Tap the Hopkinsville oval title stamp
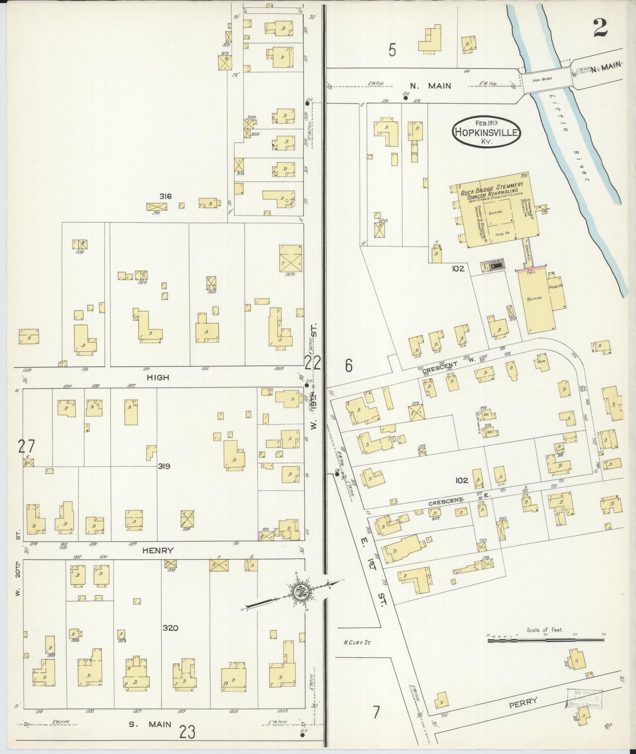[x=486, y=132]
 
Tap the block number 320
[x=171, y=628]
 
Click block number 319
[x=164, y=466]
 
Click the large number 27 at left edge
[x=26, y=447]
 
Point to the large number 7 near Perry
[x=376, y=712]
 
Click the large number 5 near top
[x=392, y=50]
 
